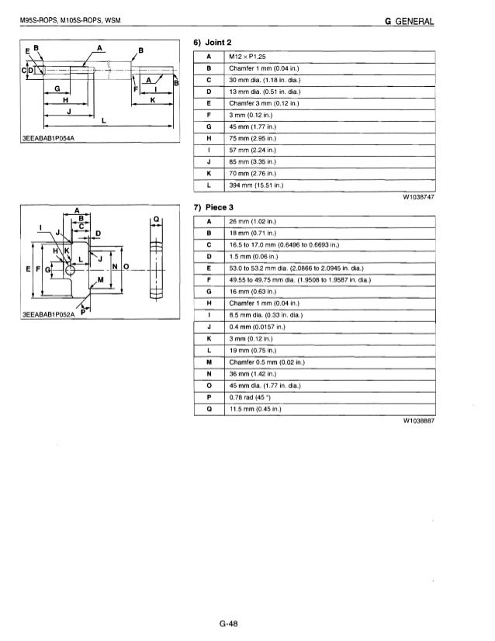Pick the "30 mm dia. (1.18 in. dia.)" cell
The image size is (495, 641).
click(265, 80)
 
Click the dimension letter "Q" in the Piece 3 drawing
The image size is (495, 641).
click(157, 220)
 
